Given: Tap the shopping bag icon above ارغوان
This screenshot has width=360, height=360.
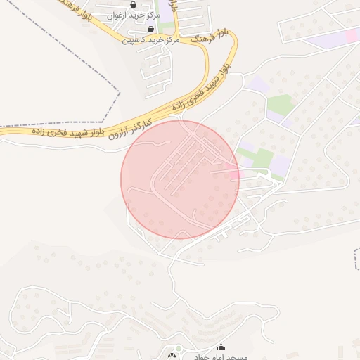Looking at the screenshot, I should [x=132, y=4].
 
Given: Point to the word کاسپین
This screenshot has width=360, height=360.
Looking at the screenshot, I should [x=134, y=40].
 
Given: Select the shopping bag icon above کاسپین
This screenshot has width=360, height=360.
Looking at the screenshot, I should [x=150, y=30].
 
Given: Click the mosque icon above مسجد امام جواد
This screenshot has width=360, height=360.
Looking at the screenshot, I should [x=222, y=347].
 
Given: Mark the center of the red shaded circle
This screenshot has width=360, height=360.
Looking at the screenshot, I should [x=180, y=179].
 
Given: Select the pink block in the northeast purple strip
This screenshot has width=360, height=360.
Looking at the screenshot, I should [x=351, y=34].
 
